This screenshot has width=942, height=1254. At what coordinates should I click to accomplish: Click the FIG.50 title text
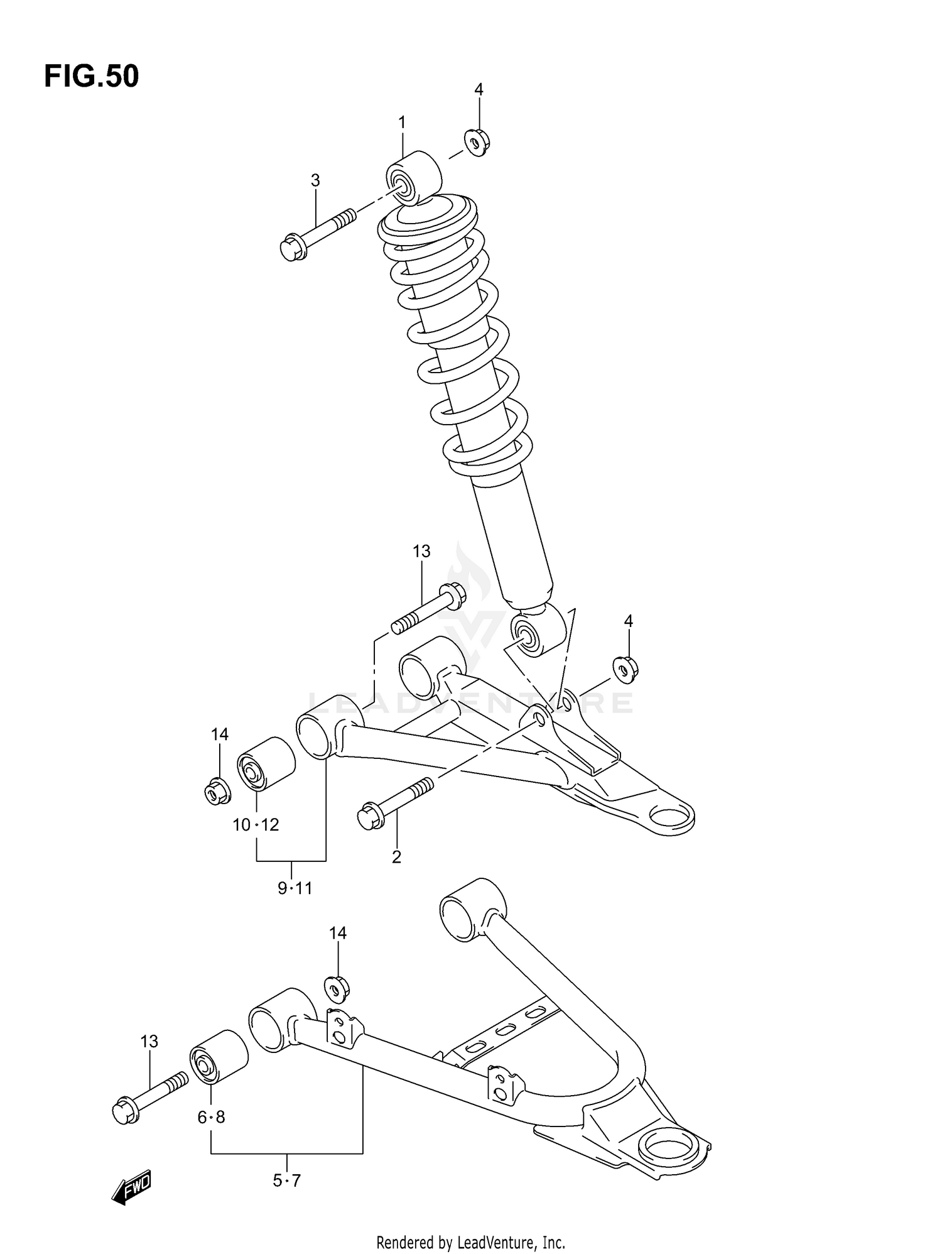(x=91, y=77)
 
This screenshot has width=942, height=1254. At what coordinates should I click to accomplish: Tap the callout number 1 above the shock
(x=402, y=122)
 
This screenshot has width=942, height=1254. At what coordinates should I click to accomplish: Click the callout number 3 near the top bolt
(x=315, y=181)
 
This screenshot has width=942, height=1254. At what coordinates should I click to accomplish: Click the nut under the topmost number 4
(x=477, y=143)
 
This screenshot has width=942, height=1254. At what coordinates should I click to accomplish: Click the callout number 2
(x=396, y=856)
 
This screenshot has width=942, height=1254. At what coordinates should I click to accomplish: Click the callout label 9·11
(x=295, y=888)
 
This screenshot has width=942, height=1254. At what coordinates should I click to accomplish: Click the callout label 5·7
(x=287, y=1181)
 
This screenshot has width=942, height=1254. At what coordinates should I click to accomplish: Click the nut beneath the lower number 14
(x=337, y=990)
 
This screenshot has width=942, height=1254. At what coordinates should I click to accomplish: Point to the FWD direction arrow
(x=131, y=1186)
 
